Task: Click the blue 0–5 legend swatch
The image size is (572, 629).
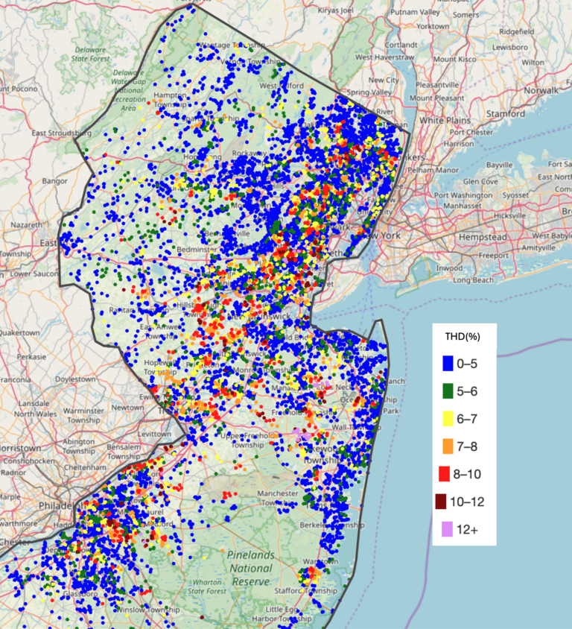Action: tap(448, 364)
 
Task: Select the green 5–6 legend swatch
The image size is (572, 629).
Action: tap(448, 391)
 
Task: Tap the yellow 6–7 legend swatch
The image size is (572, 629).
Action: tap(448, 419)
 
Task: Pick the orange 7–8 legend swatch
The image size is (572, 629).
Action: tap(448, 446)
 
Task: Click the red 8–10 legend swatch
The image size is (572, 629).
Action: tap(448, 474)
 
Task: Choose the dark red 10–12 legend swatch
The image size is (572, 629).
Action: tap(448, 502)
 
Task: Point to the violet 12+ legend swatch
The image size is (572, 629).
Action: tap(448, 529)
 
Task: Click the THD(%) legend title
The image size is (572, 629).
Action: tap(463, 336)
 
